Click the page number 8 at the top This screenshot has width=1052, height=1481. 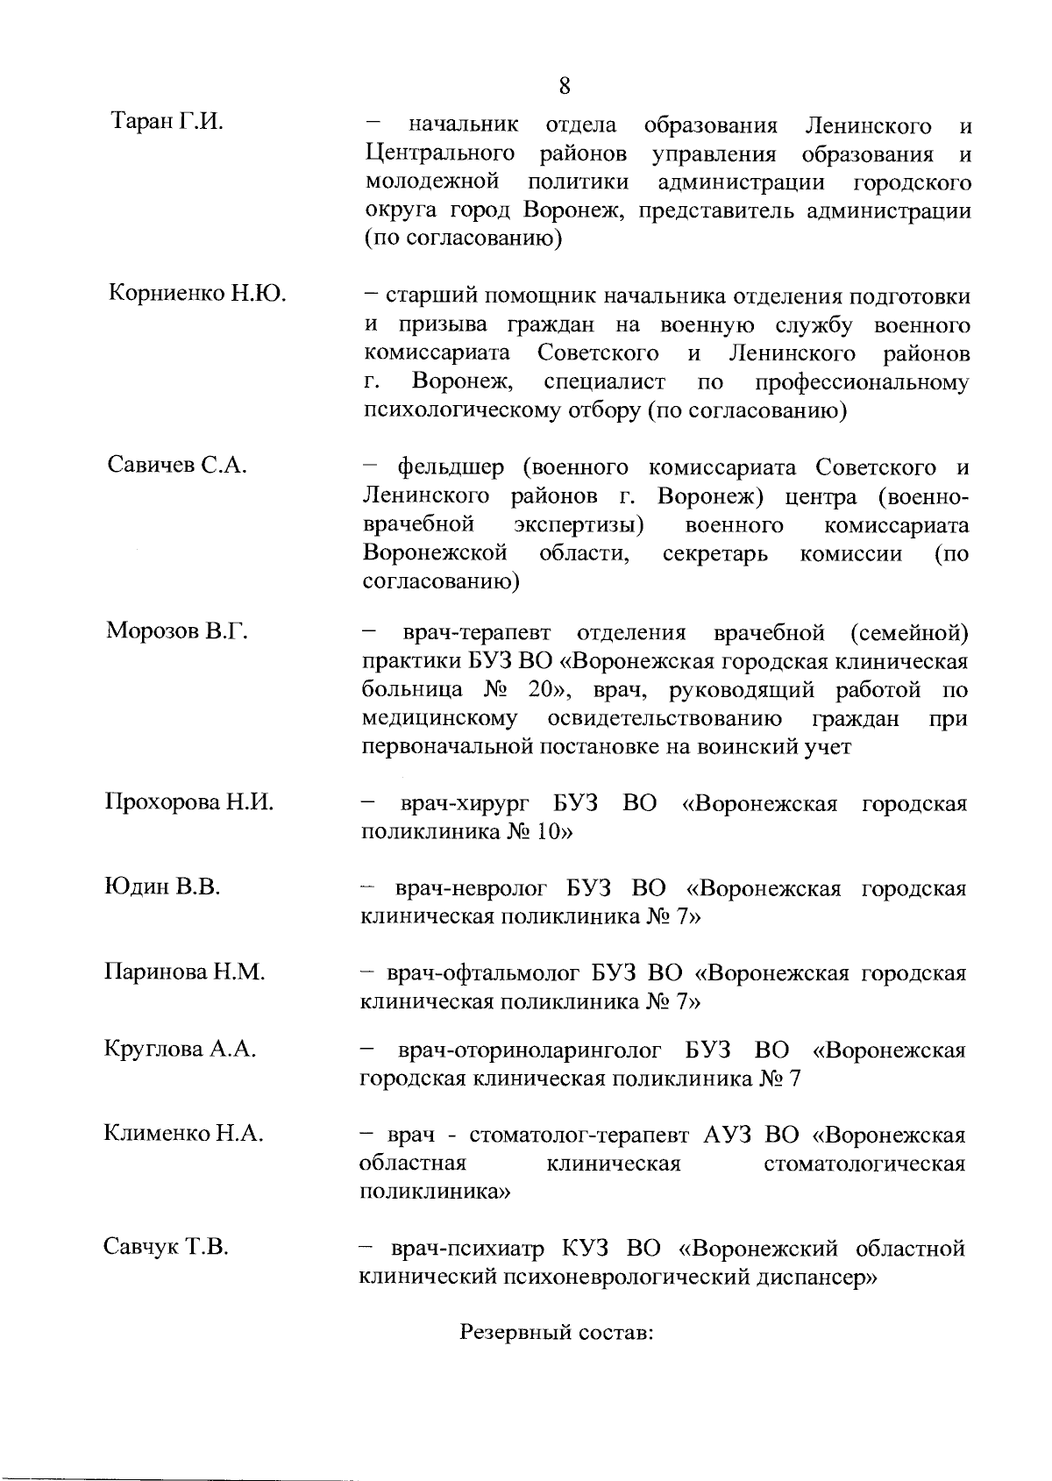point(564,86)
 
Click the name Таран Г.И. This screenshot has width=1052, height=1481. point(167,122)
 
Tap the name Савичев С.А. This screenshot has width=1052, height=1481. point(177,465)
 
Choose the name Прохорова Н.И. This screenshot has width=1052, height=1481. point(189,801)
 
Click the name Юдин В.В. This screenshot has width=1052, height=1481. point(162,886)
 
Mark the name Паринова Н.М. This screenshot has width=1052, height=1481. point(185,972)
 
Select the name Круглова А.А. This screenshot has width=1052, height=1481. point(181,1049)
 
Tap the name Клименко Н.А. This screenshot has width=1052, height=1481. point(183,1134)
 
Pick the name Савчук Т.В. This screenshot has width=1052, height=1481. point(167,1247)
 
